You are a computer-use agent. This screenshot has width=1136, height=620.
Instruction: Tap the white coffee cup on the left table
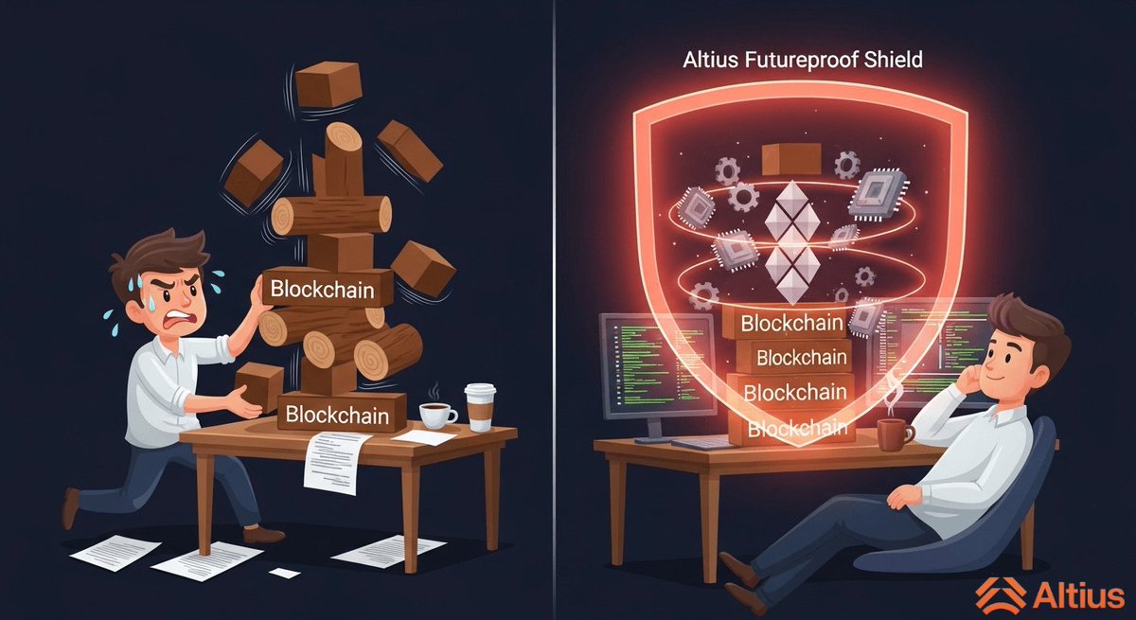coord(435,414)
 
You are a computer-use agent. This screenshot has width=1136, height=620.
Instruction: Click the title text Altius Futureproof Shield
coord(802,59)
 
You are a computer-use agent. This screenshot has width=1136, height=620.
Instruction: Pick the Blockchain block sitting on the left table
coord(341,413)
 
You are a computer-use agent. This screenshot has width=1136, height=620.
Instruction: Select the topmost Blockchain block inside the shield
coord(791,323)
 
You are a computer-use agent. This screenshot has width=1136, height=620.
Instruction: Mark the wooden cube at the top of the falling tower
coord(328,84)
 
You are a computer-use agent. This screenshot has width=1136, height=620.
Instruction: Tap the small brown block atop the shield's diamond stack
coord(784,158)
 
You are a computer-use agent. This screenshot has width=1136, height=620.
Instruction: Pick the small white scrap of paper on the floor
coord(284,573)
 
